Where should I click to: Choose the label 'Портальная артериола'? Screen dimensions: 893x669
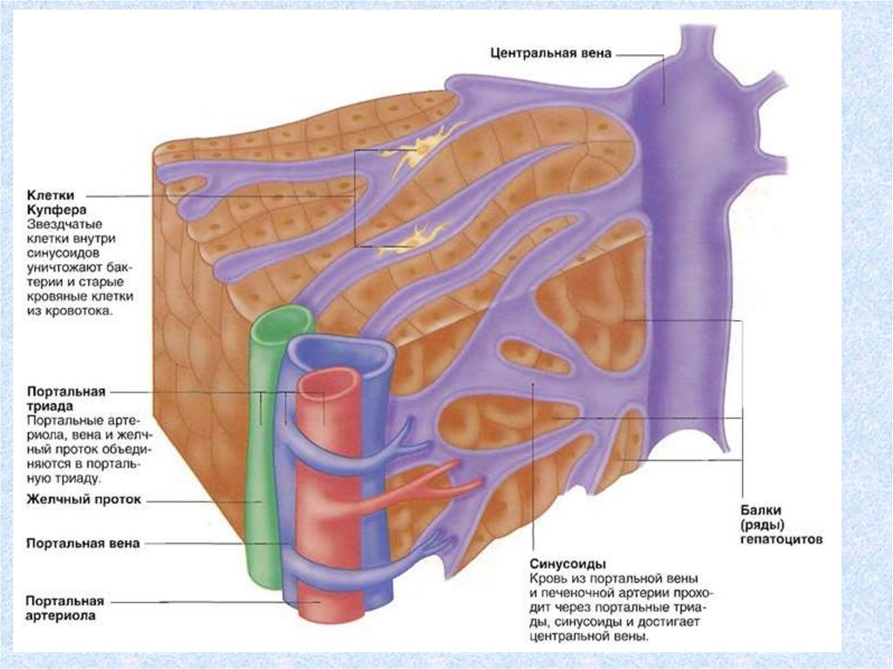pos(66,608)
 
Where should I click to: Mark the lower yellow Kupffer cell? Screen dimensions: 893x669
pos(412,238)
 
